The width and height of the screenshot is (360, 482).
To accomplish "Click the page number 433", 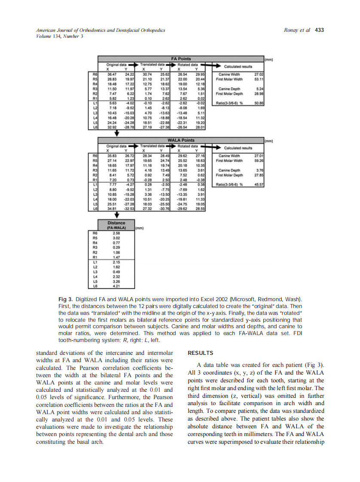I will pos(319,30).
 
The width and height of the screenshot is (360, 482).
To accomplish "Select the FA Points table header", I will pos(180,58).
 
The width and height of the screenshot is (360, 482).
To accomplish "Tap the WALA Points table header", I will pos(180,140).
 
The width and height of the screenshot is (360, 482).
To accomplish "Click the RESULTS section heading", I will pos(201,353).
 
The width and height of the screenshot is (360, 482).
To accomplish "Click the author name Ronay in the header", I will pos(292,30).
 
